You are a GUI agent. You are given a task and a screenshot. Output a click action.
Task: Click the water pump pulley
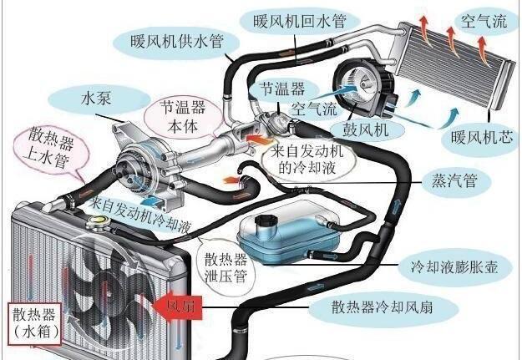coord(131,161)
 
